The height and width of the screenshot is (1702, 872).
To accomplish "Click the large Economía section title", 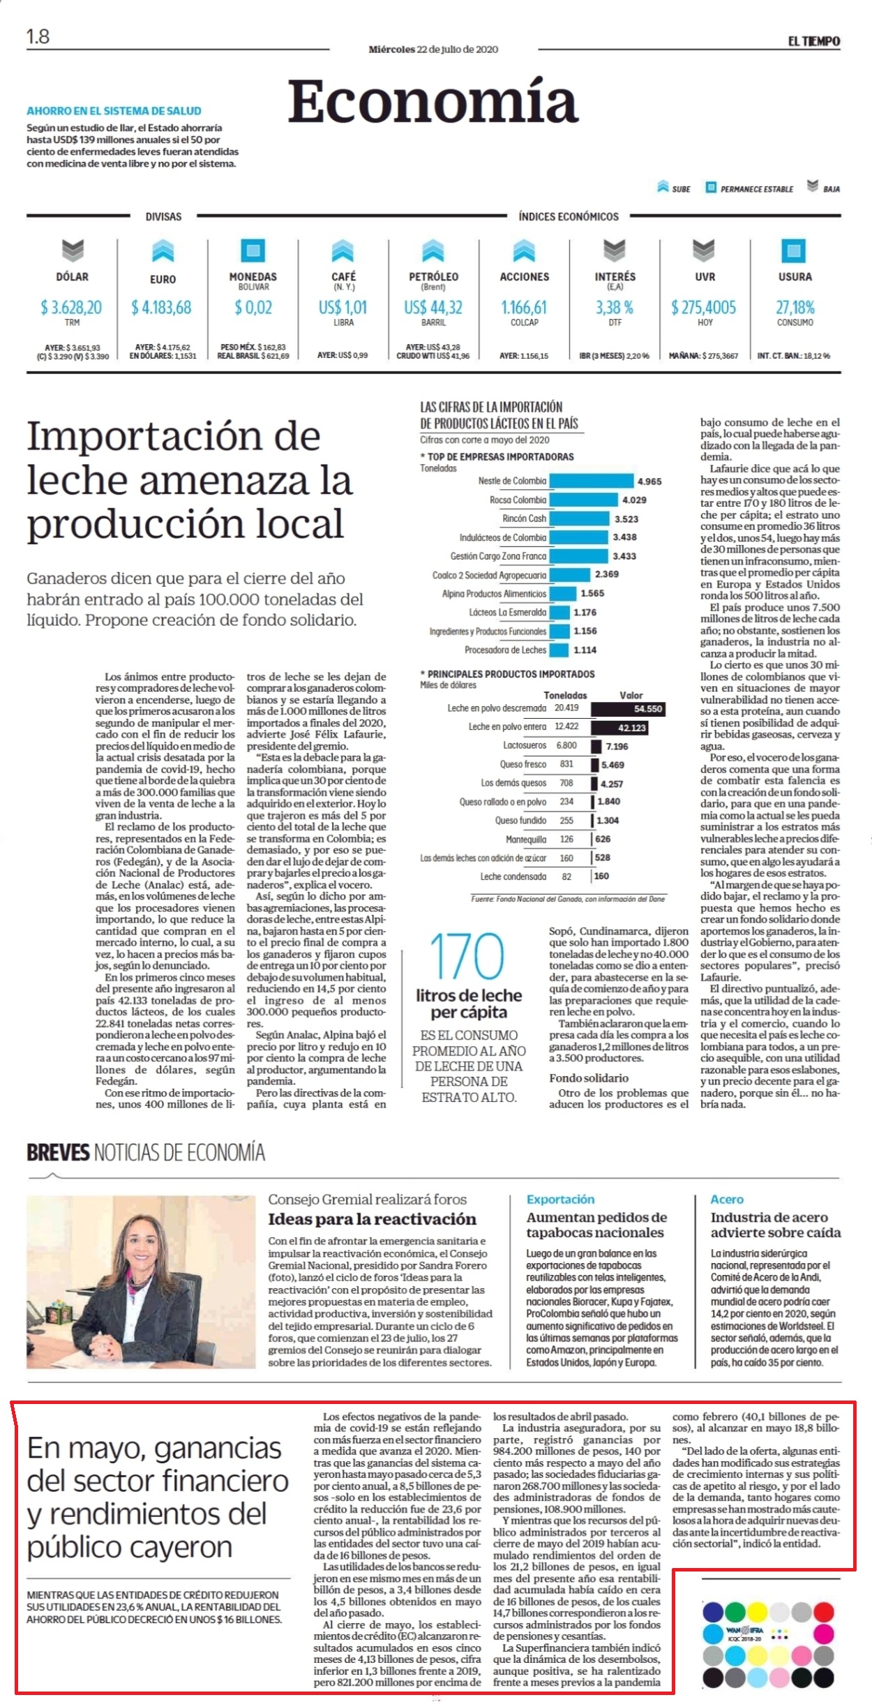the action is click(x=433, y=101).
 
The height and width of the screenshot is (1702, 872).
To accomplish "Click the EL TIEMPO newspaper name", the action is click(x=814, y=41).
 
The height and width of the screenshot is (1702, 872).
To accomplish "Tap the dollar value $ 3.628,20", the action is click(x=71, y=307).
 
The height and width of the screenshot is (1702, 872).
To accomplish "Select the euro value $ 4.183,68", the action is click(x=161, y=307).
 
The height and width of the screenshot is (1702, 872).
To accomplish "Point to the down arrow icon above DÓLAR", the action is click(x=73, y=251).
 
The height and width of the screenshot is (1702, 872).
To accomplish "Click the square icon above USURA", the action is click(x=794, y=251).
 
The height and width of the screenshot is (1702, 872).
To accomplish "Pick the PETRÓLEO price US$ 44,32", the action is click(x=433, y=307).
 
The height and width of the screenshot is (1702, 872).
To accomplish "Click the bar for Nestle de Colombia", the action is click(x=592, y=482).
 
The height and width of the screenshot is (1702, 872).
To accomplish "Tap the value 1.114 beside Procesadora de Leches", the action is click(x=585, y=650).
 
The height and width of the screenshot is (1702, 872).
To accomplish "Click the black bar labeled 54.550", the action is click(x=629, y=709).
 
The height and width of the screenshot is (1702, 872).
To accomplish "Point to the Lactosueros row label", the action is click(x=525, y=745).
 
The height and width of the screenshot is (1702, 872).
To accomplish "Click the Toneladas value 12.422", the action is click(x=566, y=727).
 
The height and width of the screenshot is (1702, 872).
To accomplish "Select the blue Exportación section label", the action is click(x=561, y=1199).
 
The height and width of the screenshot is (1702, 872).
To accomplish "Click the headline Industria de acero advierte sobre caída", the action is click(x=776, y=1224).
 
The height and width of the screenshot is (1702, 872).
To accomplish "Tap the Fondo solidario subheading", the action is click(x=589, y=1078).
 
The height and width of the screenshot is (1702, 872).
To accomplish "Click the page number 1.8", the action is click(x=38, y=36).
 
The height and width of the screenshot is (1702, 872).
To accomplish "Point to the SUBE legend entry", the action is click(x=674, y=188).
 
